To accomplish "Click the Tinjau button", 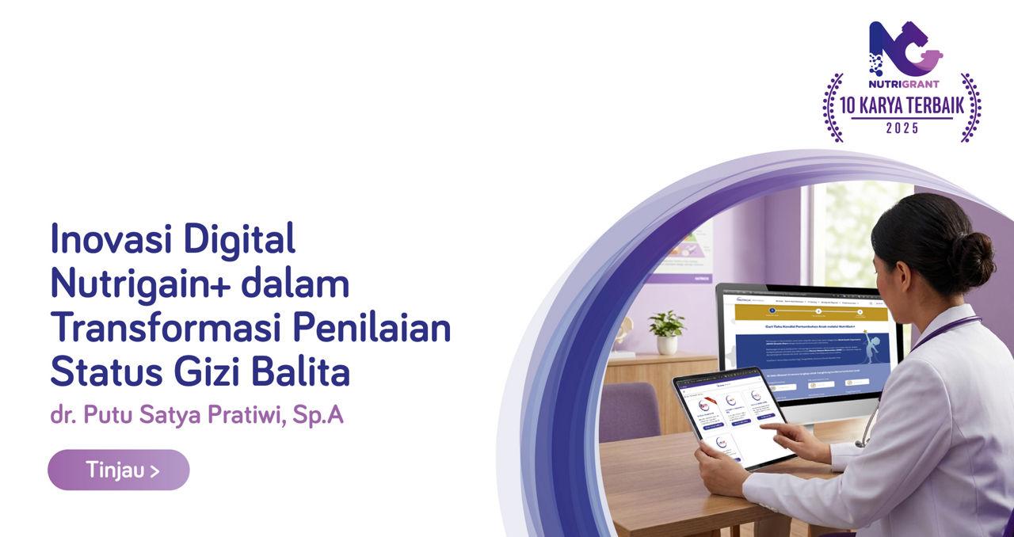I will click(119, 470).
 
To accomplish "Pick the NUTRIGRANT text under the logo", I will click(902, 83).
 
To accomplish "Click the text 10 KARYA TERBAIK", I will click(902, 105).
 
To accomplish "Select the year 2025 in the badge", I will click(902, 128).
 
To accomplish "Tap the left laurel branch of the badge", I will click(833, 108).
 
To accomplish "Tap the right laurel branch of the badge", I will click(970, 108).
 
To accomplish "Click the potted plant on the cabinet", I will click(667, 332).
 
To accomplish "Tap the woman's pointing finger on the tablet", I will click(775, 428).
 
